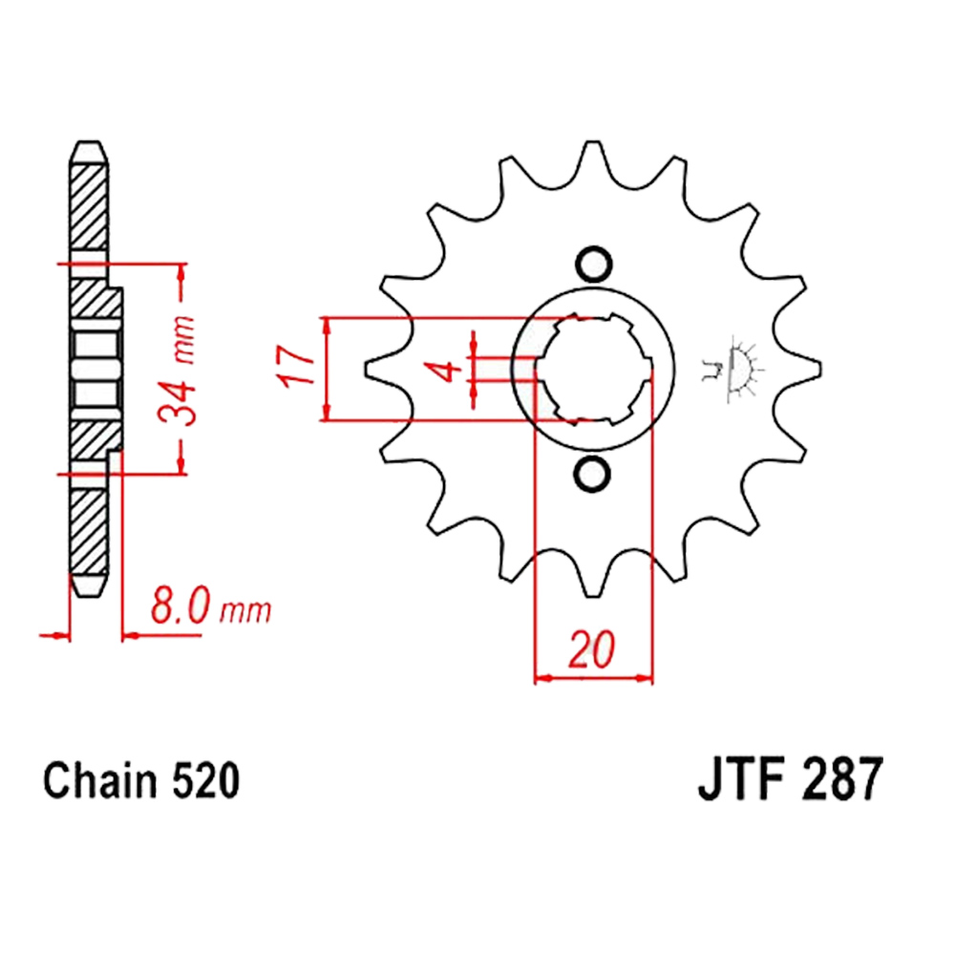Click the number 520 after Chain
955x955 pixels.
206,781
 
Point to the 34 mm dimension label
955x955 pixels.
178,371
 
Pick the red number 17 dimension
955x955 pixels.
295,367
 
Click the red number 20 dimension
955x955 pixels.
592,649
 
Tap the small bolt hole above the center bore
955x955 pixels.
594,265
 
